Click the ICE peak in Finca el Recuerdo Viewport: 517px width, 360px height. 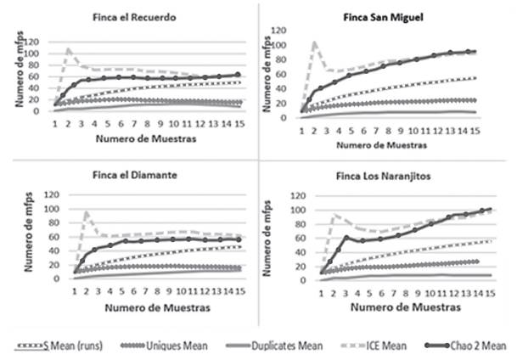pyautogui.click(x=69, y=48)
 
